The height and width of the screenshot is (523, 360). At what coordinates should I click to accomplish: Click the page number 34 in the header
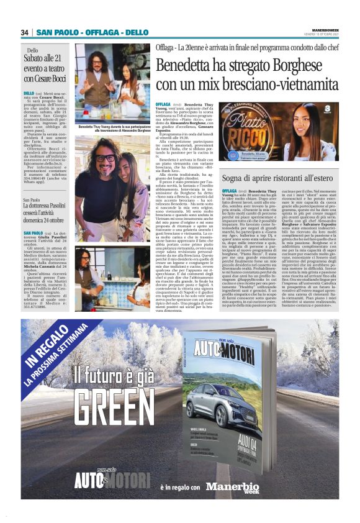tap(25, 32)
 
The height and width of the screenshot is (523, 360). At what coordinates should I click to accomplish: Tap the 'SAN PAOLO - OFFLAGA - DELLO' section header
tap(92, 32)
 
